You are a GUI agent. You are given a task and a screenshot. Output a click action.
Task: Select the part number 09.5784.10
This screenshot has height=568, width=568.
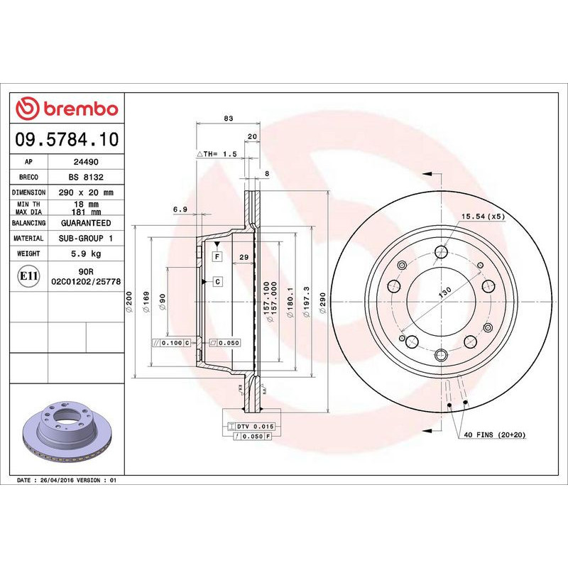point(67,139)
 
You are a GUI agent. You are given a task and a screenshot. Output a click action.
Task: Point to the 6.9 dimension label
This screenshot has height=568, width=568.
point(180,209)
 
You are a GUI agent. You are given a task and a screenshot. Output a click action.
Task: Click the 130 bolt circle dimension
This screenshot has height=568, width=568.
point(445,293)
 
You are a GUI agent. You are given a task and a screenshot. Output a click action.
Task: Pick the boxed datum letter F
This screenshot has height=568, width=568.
point(217,256)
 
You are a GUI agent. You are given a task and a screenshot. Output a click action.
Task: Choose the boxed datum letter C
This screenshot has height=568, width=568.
point(217,282)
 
